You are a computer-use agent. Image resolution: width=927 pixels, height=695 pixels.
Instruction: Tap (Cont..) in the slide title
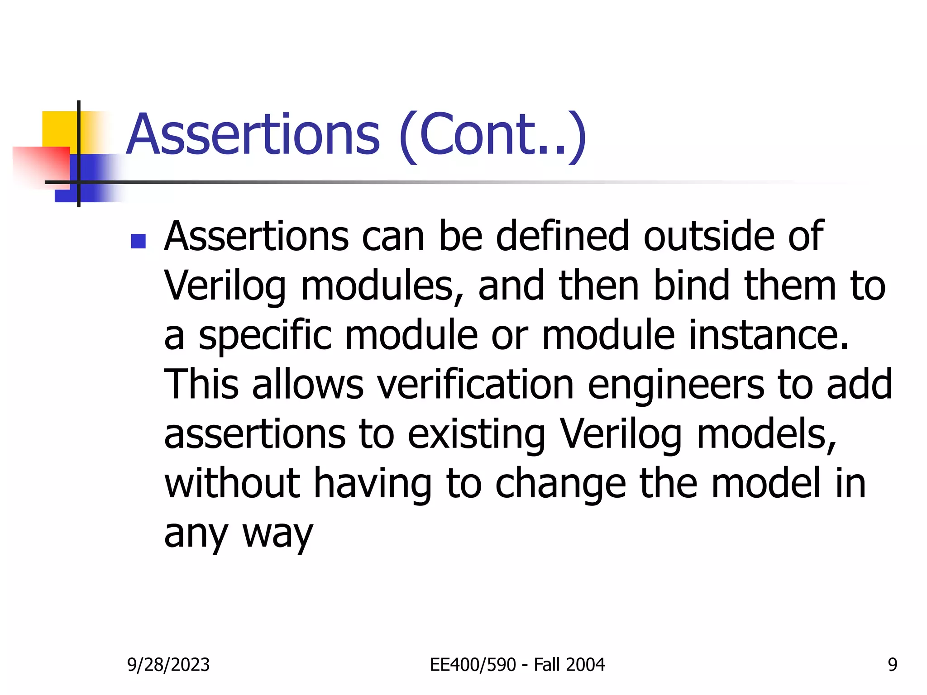493,136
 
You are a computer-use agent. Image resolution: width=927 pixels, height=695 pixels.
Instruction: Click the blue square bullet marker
138,241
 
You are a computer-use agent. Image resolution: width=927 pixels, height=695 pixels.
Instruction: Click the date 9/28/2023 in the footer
168,665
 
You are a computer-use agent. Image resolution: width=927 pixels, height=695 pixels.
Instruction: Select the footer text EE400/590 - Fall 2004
517,665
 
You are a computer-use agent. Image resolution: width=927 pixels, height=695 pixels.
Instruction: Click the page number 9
892,665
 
